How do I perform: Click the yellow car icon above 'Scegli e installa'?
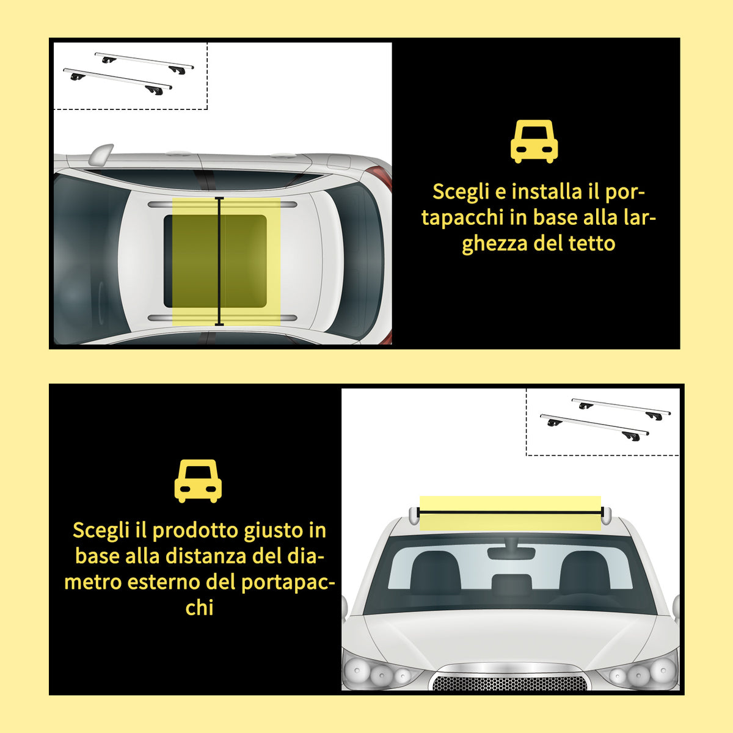pos(534,142)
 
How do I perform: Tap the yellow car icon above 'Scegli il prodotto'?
pos(198,481)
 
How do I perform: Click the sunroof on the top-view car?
pos(215,261)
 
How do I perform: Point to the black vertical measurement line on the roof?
pos(219,261)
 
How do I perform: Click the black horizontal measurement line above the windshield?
pos(510,512)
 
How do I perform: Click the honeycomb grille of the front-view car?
pos(509,683)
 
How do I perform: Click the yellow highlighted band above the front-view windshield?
pos(510,513)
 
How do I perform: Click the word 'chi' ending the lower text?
pos(199,607)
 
